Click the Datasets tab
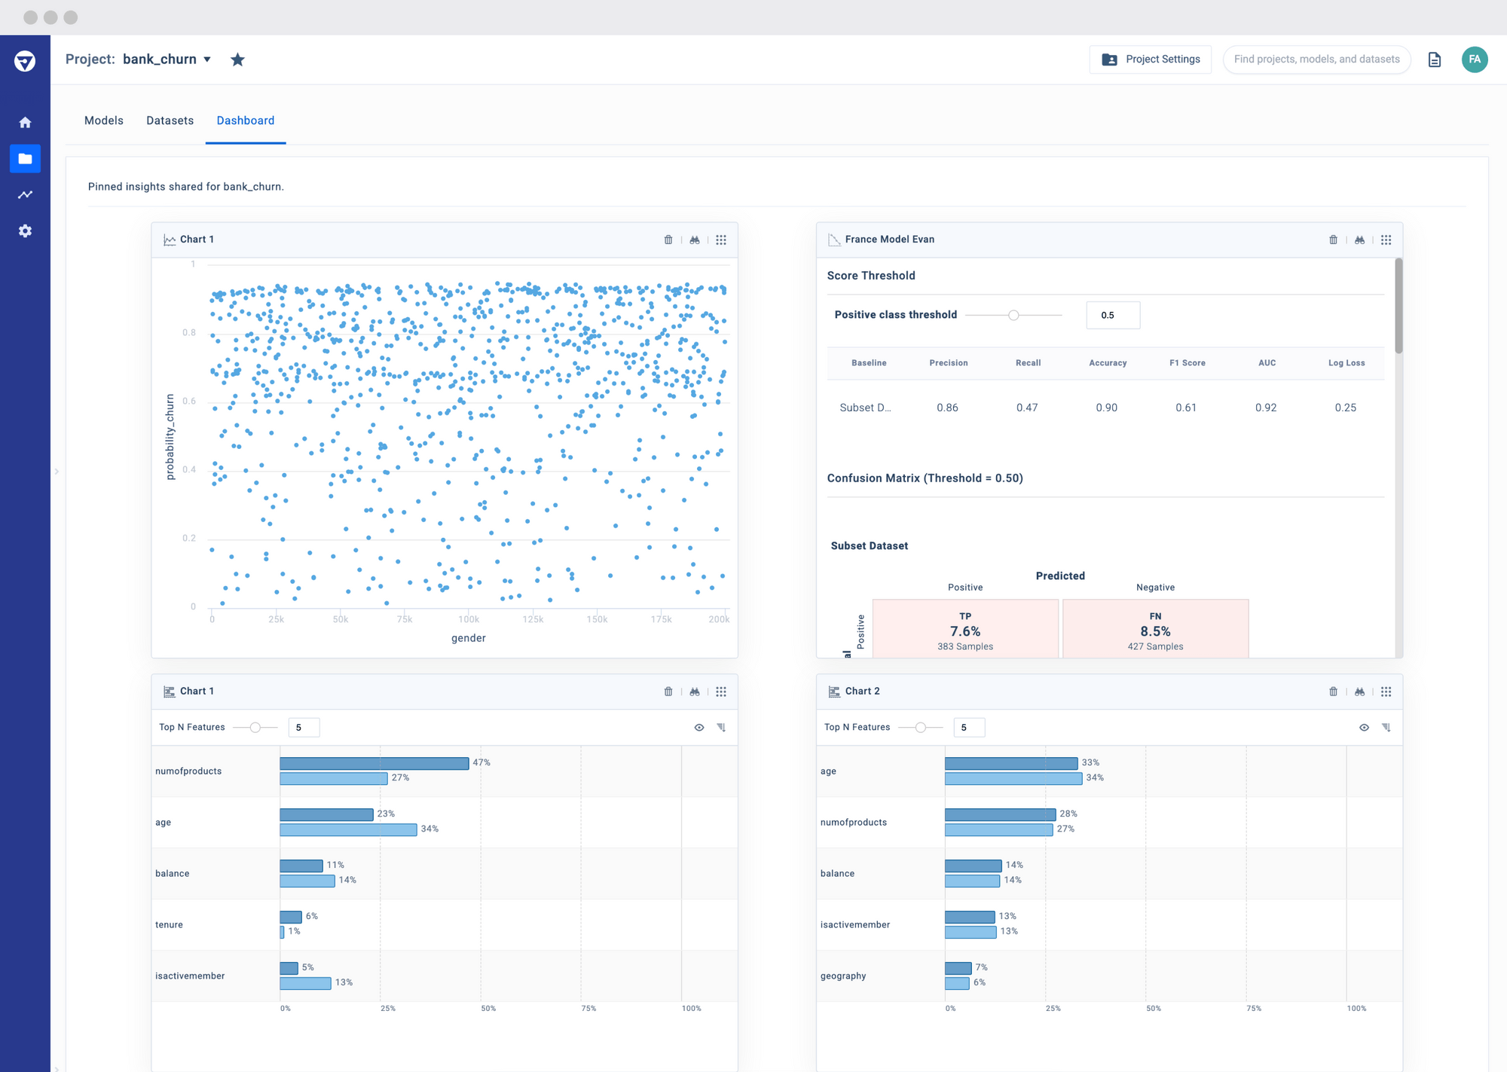coord(170,121)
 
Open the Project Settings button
coord(1150,60)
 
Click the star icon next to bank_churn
coord(237,60)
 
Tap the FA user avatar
coord(1474,60)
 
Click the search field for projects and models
coord(1316,60)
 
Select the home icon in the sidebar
coord(25,122)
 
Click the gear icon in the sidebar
coord(25,231)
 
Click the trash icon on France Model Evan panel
coord(1333,240)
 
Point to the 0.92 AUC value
coord(1265,408)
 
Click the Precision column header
coord(948,363)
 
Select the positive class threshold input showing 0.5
coord(1112,315)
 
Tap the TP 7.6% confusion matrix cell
coord(965,629)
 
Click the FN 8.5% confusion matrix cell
coord(1155,629)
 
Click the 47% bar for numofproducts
coord(374,763)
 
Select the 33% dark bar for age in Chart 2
coord(1010,763)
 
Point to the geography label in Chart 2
coord(842,976)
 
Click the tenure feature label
coord(169,924)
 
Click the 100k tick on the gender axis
coord(469,619)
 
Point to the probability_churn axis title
coord(170,437)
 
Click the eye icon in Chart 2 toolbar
coord(1364,727)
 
